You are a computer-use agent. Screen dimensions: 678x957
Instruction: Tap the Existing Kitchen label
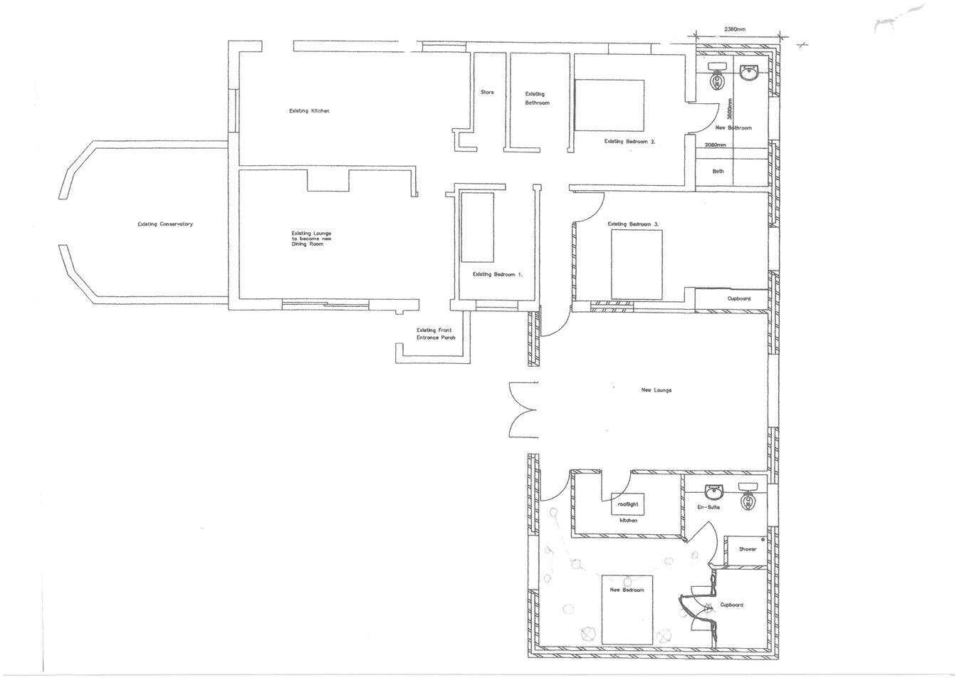309,111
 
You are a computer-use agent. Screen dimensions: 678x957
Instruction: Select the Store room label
487,93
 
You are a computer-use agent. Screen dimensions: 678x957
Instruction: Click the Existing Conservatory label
165,224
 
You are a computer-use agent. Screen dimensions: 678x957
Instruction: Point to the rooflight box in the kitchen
628,504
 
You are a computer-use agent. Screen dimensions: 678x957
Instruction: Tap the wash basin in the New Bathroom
749,73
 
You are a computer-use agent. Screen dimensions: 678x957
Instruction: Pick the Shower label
747,549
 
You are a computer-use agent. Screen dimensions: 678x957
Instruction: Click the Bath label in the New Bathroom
718,171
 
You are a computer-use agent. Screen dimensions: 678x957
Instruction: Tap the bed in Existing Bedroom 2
609,105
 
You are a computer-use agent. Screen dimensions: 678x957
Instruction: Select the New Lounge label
656,390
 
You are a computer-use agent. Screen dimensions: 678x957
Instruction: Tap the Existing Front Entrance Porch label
436,334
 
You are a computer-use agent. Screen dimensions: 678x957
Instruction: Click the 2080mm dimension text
714,145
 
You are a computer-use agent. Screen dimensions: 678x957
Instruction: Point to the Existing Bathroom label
535,98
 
